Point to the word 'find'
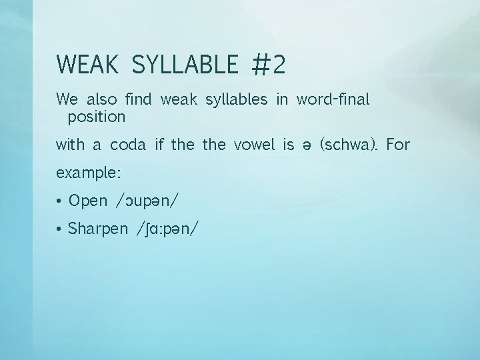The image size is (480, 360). coord(138,100)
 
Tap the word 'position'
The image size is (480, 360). coord(97,117)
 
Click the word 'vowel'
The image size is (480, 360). coord(255,145)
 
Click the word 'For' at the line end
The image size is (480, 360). coord(399,145)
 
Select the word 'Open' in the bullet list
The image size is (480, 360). coord(88,200)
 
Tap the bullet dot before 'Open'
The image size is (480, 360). coord(60,200)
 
